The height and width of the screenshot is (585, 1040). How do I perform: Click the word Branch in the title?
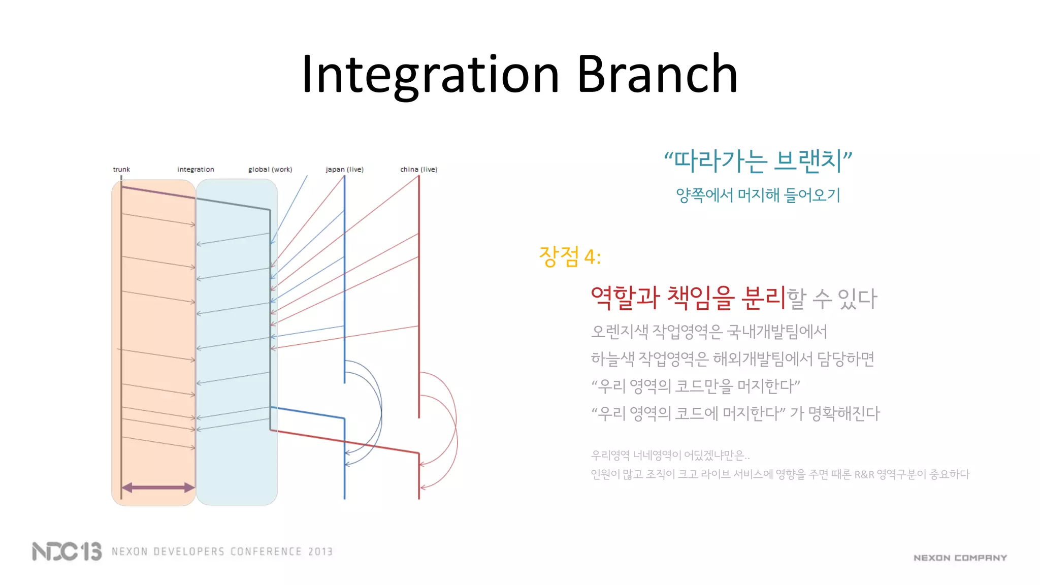click(657, 75)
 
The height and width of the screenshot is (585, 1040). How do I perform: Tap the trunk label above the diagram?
click(121, 169)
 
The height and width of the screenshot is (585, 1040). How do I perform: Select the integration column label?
click(196, 169)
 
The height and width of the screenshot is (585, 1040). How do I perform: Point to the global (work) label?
click(270, 169)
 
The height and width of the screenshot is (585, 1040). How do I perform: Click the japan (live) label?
click(344, 169)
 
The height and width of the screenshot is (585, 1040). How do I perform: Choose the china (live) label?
click(418, 169)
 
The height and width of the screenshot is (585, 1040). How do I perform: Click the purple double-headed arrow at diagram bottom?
click(158, 487)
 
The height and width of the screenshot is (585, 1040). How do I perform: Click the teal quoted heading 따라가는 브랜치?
click(758, 161)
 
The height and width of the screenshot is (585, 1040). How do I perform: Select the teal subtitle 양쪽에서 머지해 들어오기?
click(758, 195)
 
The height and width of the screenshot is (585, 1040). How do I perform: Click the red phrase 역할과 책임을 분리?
click(688, 298)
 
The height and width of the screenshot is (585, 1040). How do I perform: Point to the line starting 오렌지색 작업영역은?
click(709, 332)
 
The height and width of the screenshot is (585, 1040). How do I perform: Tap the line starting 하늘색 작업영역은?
click(732, 359)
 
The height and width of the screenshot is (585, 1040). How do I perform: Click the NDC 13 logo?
click(67, 551)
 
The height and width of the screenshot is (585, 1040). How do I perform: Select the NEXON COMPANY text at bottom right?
click(960, 558)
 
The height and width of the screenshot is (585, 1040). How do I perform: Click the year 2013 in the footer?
click(320, 551)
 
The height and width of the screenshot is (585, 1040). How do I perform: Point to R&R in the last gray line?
click(864, 474)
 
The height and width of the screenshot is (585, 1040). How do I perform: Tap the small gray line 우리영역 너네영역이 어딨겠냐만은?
click(670, 455)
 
